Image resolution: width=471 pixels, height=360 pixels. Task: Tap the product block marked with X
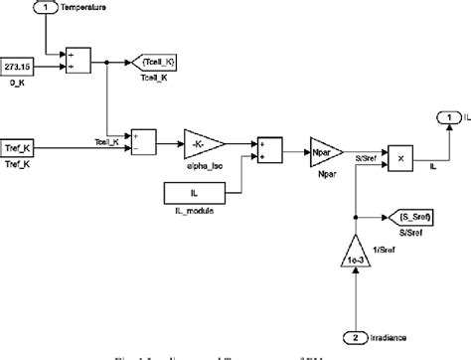[x=398, y=156]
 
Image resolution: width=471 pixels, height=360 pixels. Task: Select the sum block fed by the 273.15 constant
[x=78, y=59]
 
